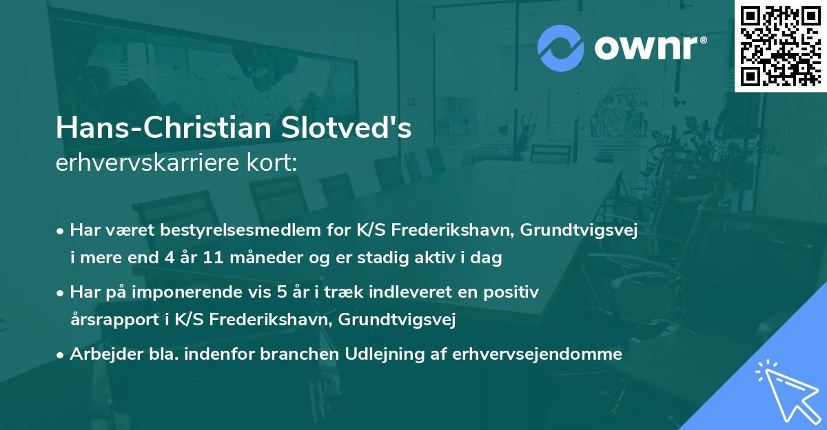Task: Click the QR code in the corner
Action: (x=779, y=45)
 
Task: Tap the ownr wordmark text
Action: (x=652, y=46)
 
